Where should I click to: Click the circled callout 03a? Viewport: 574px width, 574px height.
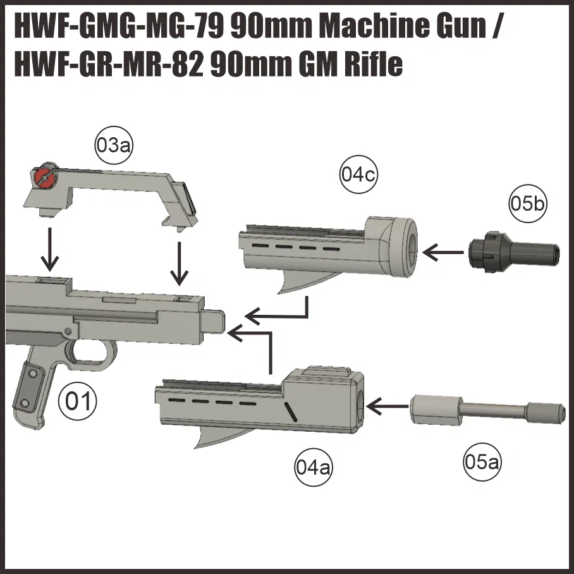pos(113,145)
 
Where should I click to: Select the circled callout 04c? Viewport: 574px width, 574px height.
pos(358,174)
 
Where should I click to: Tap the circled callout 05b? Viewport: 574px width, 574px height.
pos(527,204)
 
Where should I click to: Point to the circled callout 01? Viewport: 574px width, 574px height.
pos(78,401)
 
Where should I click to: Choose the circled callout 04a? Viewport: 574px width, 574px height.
pos(314,467)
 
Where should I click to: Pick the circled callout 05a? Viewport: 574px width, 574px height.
pos(482,461)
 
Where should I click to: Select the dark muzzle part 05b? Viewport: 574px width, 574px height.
pos(513,252)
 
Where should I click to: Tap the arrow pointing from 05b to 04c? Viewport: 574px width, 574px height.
pos(443,252)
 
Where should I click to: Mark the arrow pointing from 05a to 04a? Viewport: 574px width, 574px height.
pos(388,406)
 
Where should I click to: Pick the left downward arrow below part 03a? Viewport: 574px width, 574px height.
pos(50,249)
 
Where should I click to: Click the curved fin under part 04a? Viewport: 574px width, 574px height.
pos(219,437)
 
